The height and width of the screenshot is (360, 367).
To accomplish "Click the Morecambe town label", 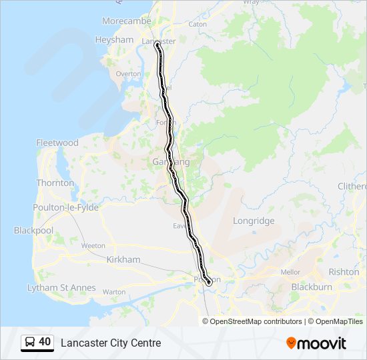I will tap(126, 21).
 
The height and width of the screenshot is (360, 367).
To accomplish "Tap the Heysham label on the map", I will tap(114, 40).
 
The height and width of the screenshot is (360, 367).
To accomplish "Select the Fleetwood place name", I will tap(57, 143).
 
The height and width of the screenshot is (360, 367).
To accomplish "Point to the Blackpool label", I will tap(33, 231).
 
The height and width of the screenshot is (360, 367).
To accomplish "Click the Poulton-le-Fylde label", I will tap(65, 208).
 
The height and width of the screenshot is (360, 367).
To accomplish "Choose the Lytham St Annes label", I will tap(61, 288).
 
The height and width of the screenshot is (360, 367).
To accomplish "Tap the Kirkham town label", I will tap(123, 259).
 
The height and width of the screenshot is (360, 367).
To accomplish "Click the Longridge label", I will tap(254, 221).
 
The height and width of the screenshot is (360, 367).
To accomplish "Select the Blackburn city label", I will tap(312, 287).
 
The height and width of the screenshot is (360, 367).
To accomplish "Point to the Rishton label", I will tap(344, 272).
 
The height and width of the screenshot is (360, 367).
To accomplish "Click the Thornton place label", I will tap(55, 183).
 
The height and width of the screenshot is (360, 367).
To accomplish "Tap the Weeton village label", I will tap(93, 246).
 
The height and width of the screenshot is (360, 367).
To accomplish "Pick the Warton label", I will tap(114, 292).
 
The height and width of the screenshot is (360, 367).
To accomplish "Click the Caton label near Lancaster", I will tap(198, 24).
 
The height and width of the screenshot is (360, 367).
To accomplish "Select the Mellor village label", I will tap(290, 273).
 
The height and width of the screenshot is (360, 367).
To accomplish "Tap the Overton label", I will tap(128, 74).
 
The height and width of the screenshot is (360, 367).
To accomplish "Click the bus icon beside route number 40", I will tap(30, 343).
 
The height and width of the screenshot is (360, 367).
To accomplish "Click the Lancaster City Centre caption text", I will tap(111, 343).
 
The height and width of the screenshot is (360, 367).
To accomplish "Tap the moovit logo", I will tap(316, 343).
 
